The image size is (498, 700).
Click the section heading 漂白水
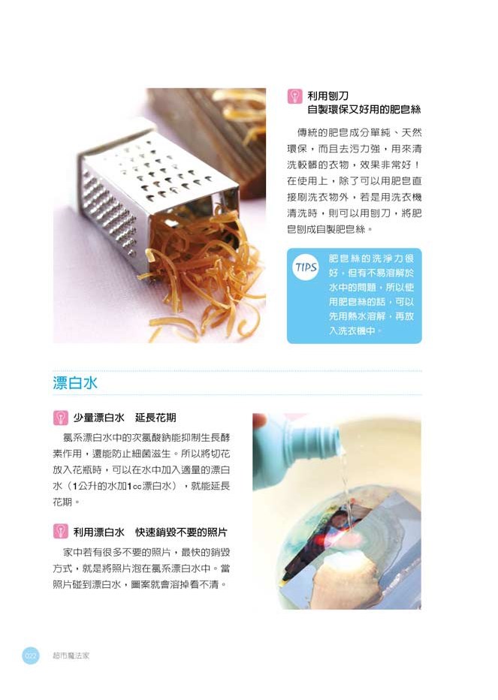point(75,383)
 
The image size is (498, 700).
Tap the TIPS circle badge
point(306,267)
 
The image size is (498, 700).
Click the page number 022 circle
point(30,656)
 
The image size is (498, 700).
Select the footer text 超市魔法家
point(71,656)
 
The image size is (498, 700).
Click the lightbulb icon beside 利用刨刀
point(294,96)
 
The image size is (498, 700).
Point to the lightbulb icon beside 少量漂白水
point(60,418)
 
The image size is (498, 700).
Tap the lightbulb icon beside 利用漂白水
point(60,531)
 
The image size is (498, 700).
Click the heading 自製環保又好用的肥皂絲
point(364,110)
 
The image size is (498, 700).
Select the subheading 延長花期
point(155,418)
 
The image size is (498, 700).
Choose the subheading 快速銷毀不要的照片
point(181,532)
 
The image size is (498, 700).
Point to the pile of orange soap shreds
point(201,273)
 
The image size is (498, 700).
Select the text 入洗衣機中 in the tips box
point(352,330)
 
